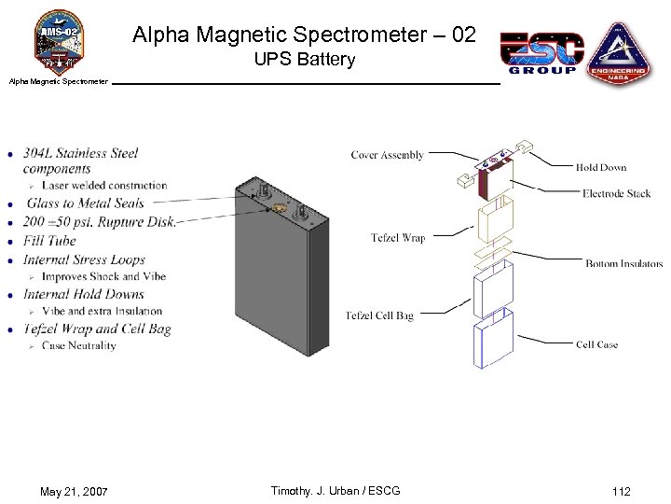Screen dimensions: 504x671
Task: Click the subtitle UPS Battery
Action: (305, 60)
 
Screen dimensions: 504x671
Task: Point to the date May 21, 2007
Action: (74, 491)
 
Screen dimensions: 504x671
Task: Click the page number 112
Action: (621, 491)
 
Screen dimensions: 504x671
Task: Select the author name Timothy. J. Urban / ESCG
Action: (335, 491)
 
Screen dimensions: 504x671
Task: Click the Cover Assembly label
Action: (387, 155)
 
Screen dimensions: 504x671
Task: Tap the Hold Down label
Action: (601, 168)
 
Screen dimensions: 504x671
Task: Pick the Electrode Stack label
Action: (616, 193)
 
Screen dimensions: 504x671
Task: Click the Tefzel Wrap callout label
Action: (398, 238)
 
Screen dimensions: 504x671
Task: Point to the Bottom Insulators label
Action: (623, 264)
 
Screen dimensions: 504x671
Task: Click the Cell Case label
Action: (596, 344)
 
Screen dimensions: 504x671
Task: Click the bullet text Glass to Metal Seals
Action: (85, 203)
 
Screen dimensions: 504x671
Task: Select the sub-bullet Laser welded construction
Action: (104, 186)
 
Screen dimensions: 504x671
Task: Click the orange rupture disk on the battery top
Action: (277, 209)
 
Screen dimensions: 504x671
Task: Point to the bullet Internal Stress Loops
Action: (84, 259)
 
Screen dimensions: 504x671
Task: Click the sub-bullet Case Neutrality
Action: (79, 345)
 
